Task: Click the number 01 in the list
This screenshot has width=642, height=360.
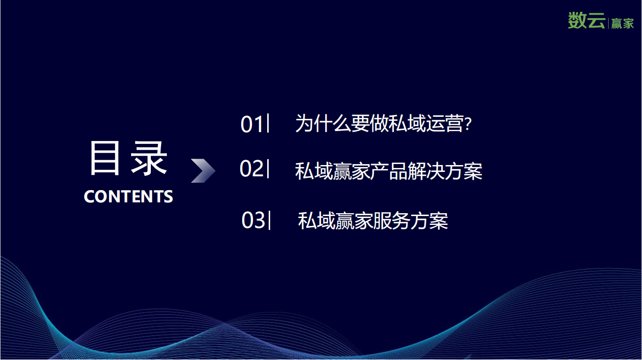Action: [x=251, y=124]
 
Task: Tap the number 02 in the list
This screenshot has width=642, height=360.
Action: [x=251, y=168]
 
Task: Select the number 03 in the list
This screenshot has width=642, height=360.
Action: [x=253, y=220]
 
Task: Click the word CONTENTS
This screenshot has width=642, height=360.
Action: [x=128, y=196]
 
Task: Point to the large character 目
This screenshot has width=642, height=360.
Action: [x=105, y=158]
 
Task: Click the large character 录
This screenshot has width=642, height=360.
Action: [x=149, y=158]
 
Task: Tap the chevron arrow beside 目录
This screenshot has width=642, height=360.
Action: [x=203, y=170]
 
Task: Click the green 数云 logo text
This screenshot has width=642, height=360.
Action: [x=586, y=20]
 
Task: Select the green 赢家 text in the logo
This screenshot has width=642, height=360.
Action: [x=622, y=24]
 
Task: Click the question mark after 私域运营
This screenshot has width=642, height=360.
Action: [x=468, y=124]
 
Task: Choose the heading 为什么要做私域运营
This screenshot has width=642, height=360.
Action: [x=380, y=124]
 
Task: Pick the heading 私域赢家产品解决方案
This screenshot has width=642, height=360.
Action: [x=389, y=171]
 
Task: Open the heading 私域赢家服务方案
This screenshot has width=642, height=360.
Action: [x=373, y=221]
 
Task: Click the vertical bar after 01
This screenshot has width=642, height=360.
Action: [x=268, y=123]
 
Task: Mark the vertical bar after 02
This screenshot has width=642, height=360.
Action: [x=268, y=168]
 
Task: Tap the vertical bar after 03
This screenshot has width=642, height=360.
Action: [x=269, y=220]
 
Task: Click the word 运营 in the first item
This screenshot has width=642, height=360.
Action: [x=445, y=124]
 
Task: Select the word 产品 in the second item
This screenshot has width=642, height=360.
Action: [x=389, y=171]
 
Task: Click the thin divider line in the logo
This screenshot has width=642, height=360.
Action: [x=608, y=23]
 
